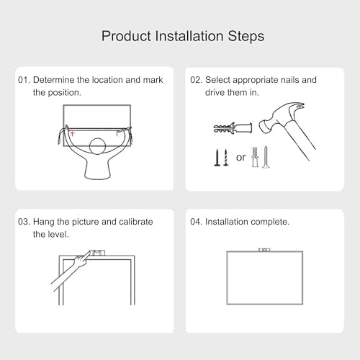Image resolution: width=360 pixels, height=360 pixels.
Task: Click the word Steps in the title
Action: (246, 37)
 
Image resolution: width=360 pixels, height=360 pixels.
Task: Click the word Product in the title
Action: (126, 36)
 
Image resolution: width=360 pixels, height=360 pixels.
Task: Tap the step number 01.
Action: (24, 80)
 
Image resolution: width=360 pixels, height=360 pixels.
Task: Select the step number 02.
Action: (196, 80)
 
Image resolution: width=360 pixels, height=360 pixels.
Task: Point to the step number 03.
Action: (24, 222)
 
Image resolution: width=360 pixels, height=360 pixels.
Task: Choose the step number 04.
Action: (196, 222)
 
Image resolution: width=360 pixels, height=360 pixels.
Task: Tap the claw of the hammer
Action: (297, 107)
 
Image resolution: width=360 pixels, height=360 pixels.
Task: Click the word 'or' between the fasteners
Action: (240, 158)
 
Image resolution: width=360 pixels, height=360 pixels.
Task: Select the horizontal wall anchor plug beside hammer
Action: (233, 128)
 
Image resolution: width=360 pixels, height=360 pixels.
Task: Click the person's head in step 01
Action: (97, 146)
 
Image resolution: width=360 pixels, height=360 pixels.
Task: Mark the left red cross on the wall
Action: (72, 133)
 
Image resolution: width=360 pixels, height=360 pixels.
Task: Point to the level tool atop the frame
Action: (98, 253)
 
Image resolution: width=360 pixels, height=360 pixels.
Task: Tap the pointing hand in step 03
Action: (81, 261)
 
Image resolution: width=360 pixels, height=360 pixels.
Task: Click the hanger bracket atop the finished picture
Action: (264, 250)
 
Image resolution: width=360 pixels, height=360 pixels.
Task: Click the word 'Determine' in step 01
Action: (54, 80)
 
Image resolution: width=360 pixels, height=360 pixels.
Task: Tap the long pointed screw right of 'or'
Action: (266, 157)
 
